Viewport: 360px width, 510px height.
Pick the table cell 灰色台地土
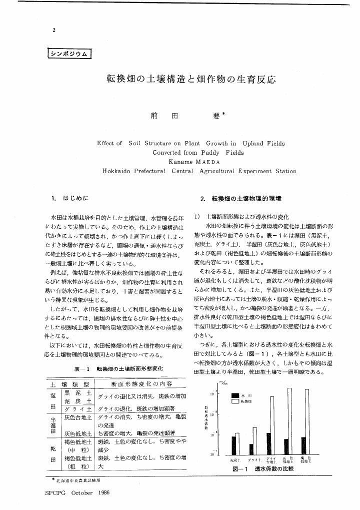click(x=78, y=416)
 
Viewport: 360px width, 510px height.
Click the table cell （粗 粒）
click(x=78, y=466)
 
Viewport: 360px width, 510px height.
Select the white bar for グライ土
click(x=255, y=440)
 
